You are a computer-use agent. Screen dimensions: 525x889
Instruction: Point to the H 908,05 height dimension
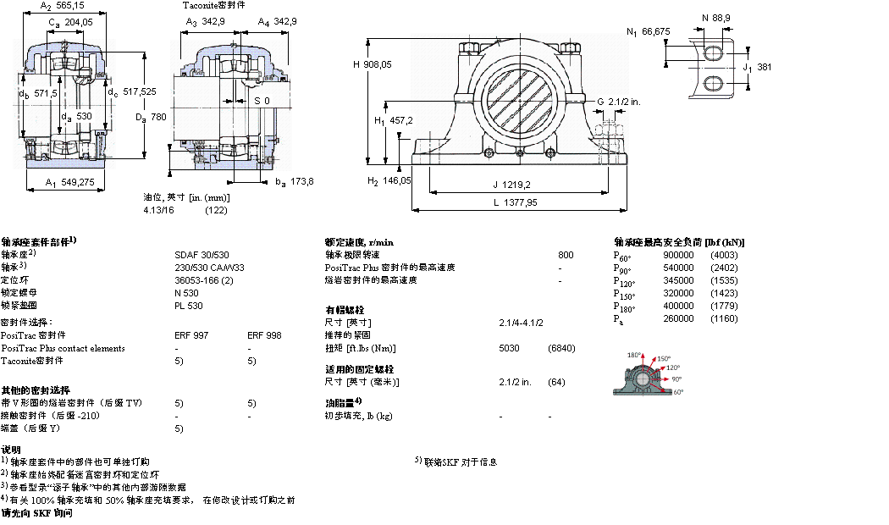coord(372,64)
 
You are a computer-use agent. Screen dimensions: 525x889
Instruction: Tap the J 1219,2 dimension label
coord(511,184)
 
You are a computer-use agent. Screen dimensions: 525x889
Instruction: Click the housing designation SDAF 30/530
coord(201,255)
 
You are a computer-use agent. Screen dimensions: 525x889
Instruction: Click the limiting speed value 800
coord(566,255)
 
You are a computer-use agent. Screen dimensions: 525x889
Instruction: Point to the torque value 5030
coord(510,348)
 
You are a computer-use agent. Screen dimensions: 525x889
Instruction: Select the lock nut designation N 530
coord(186,293)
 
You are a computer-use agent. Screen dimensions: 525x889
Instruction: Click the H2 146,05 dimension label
coord(389,180)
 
